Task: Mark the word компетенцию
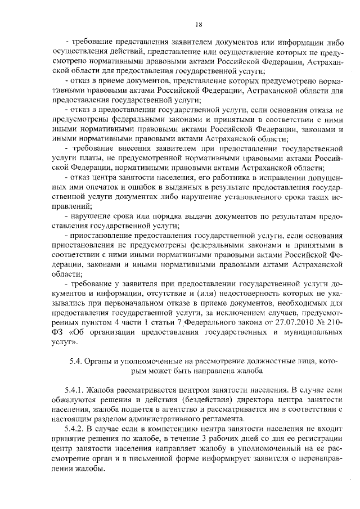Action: click(156, 429)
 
